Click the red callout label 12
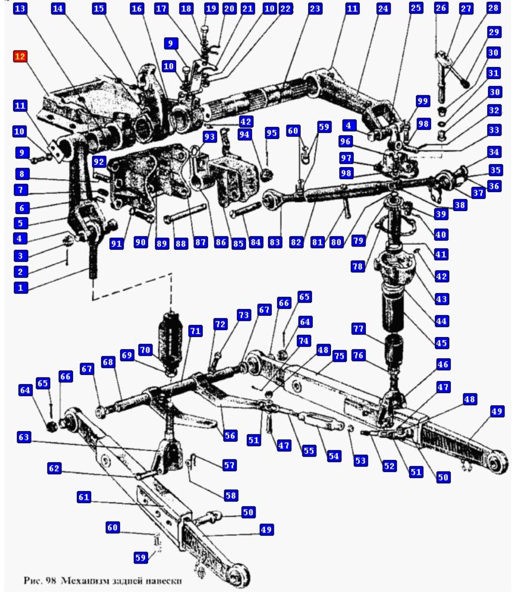coord(20,57)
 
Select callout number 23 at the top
coord(315,8)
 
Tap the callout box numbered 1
coord(20,288)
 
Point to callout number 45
coord(441,343)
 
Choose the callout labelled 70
coord(145,350)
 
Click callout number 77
coord(359,329)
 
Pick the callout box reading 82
coord(296,242)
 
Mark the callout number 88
coord(181,243)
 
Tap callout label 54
coord(334,456)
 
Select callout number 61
coord(84,497)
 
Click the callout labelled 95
coord(272,133)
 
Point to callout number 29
coord(494,32)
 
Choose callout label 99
coord(422,101)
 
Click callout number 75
coord(339,356)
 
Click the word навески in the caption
coord(166,580)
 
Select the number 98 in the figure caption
coord(51,580)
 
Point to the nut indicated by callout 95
coord(266,175)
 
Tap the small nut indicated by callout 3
coord(68,241)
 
